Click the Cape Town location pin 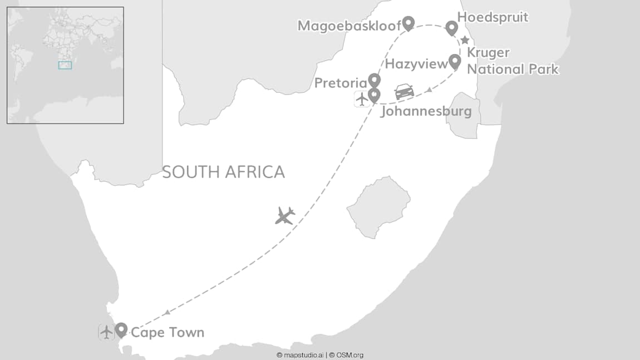click(121, 330)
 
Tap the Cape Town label click(168, 333)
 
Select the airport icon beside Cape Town click(106, 332)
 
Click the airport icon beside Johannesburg click(362, 99)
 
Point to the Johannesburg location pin click(374, 95)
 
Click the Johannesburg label click(426, 111)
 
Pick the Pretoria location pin click(374, 80)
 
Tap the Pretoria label click(341, 83)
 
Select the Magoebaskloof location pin click(408, 23)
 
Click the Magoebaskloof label click(349, 26)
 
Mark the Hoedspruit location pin click(451, 27)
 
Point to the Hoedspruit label click(493, 17)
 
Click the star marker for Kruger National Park click(465, 40)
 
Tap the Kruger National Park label click(512, 61)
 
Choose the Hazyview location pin click(455, 61)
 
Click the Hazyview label click(416, 64)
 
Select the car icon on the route click(405, 91)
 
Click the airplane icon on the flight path click(285, 215)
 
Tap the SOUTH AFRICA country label click(223, 172)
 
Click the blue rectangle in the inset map click(65, 65)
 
